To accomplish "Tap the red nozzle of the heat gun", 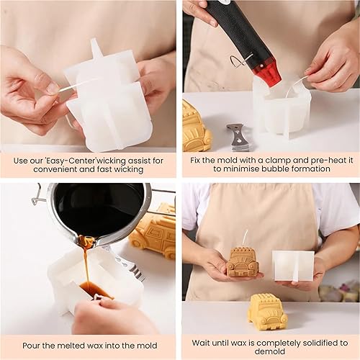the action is point(269,73).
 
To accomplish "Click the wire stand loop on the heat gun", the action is point(240,62).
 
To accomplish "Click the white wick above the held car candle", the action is point(245,238).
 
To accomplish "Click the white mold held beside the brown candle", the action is point(294,266).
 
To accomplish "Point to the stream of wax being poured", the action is point(86,264).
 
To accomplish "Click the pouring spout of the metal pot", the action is point(87,240).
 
